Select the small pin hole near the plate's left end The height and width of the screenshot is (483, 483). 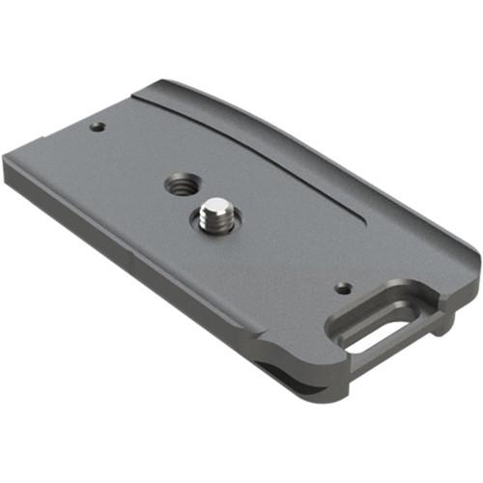97,126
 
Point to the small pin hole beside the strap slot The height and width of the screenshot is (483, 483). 341,287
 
